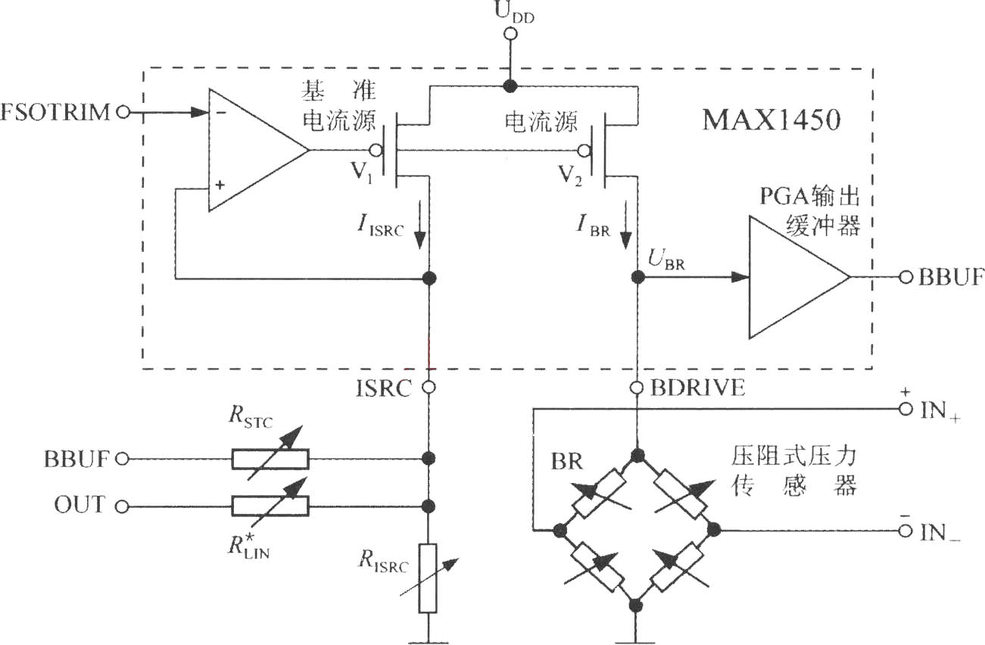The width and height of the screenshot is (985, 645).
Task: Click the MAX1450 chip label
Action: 771,120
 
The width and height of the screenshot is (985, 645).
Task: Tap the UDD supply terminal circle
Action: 510,34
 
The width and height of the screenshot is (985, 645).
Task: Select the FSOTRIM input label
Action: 55,112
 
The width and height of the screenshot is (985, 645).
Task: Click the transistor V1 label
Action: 362,172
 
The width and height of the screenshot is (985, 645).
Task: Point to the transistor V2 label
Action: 570,176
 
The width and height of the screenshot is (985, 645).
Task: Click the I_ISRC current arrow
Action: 420,225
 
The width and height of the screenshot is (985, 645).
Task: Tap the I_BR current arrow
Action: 625,225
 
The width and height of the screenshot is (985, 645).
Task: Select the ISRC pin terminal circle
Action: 429,387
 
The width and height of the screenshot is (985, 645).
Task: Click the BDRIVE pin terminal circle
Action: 636,388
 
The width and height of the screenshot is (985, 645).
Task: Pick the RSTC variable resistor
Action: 271,459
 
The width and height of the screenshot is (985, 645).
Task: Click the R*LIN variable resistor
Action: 271,506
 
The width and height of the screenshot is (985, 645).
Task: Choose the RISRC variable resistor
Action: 428,578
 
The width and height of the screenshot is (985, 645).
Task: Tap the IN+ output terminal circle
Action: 906,410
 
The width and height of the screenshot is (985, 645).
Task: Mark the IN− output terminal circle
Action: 906,531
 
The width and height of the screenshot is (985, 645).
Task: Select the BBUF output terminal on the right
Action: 906,277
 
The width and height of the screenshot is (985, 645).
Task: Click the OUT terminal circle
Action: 122,507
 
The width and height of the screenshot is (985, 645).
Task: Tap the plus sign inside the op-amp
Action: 220,185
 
